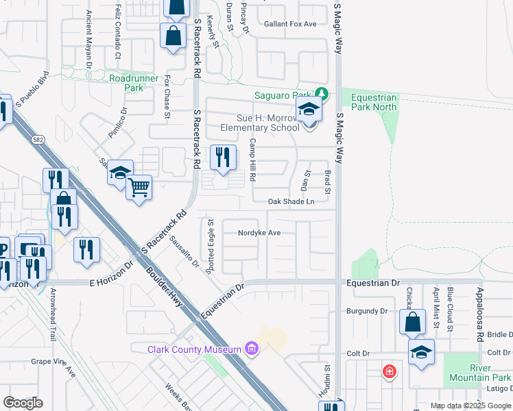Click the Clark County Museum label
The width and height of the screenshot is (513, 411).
tap(193, 349)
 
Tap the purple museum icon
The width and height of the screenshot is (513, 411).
tap(251, 349)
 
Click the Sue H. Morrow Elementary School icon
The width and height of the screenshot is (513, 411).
tap(309, 110)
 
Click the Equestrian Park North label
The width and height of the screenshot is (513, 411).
tap(374, 102)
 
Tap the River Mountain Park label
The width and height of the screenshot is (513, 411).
tap(480, 373)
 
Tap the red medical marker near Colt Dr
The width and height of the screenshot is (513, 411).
tap(390, 371)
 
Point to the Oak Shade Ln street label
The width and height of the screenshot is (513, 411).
tap(291, 201)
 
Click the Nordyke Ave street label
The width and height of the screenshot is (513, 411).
tap(259, 233)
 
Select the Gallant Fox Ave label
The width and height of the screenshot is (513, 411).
tap(291, 24)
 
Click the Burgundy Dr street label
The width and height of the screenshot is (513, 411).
tap(368, 311)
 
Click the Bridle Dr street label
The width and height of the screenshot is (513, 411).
tap(499, 334)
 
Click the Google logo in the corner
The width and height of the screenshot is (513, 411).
tap(23, 403)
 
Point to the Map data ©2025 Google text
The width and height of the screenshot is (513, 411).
tap(470, 406)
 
